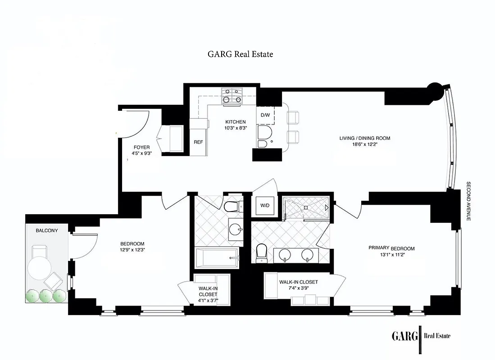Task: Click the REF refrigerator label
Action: tap(198, 142)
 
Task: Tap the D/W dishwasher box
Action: tap(265, 115)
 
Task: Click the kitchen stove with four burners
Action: tap(232, 97)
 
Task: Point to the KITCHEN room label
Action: tap(236, 122)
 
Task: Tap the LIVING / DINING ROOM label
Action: tap(364, 138)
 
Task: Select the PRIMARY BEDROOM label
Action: tap(391, 248)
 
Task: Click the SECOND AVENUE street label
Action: tap(468, 201)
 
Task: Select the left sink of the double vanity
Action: tap(287, 255)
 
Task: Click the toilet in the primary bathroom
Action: tap(261, 253)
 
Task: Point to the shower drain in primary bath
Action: tap(305, 207)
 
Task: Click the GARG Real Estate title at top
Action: tap(240, 54)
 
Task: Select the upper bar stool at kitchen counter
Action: tap(293, 117)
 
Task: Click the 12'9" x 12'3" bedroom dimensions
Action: tap(132, 250)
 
